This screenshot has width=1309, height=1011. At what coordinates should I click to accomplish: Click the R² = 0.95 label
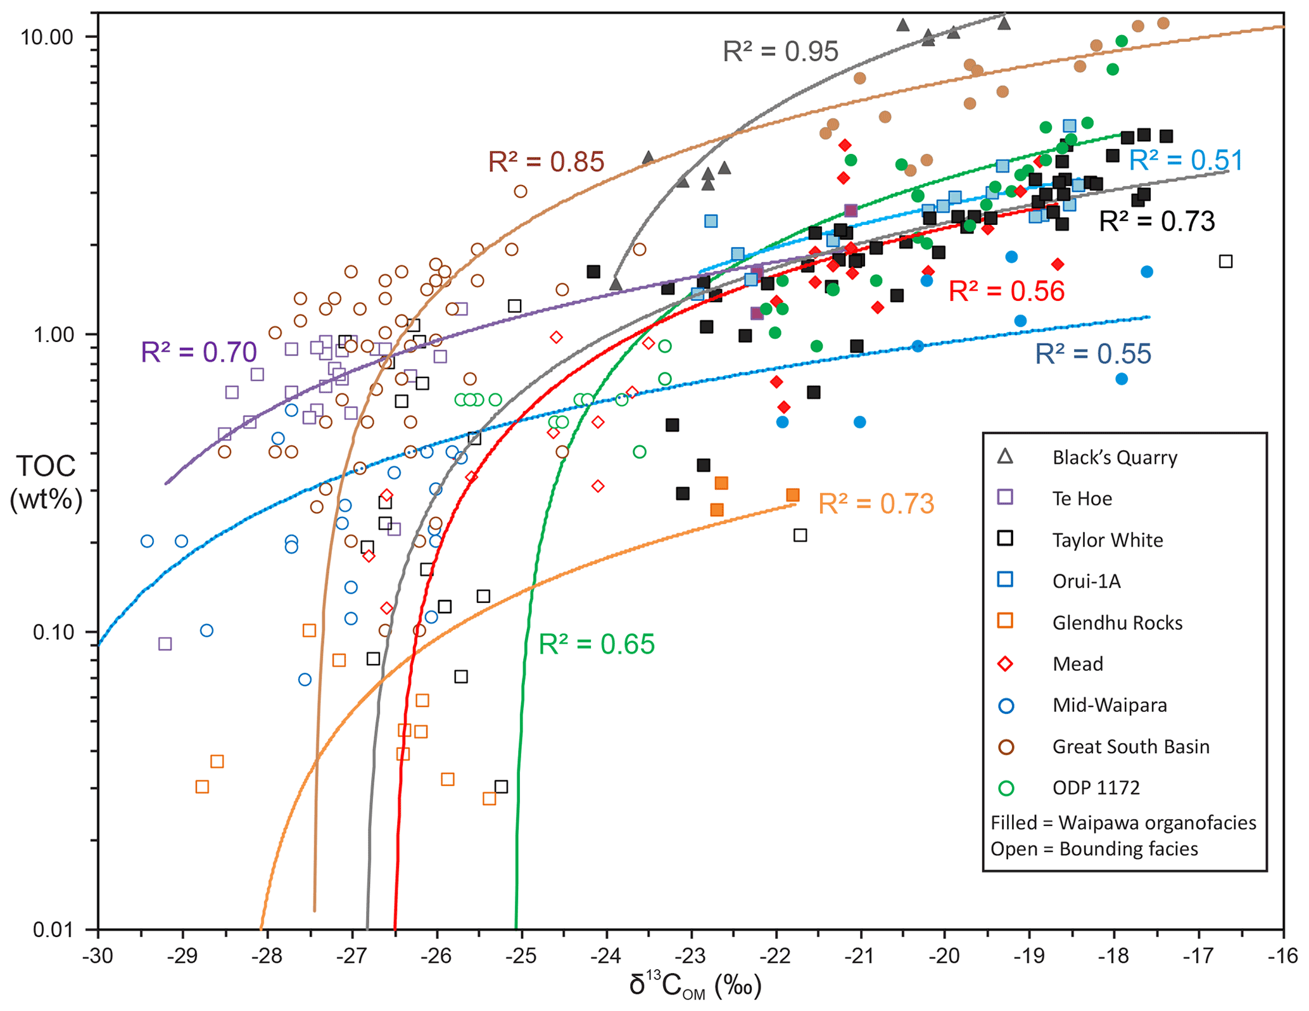point(780,51)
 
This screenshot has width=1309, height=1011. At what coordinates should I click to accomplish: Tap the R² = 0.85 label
point(546,162)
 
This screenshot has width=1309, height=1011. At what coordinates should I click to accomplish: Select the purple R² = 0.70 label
point(199,352)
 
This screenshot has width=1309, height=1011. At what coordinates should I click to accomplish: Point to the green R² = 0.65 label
point(597,644)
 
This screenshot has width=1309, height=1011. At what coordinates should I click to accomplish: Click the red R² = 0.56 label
point(1007,291)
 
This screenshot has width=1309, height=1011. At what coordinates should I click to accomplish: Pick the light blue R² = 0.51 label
point(1186,160)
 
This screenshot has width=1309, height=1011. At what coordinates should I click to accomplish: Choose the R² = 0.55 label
point(1093,354)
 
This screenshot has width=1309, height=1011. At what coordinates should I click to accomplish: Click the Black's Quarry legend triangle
point(1005,457)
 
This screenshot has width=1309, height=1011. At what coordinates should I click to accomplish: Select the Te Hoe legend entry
point(1082,499)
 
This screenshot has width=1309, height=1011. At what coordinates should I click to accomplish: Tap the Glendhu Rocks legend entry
point(1117,623)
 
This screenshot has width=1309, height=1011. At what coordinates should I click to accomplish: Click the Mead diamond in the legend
point(1005,664)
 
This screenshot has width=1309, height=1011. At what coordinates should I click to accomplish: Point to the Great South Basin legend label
point(1131,746)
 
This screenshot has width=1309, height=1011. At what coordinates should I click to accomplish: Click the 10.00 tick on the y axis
point(47,37)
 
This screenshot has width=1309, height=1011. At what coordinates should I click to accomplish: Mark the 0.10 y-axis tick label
point(53,632)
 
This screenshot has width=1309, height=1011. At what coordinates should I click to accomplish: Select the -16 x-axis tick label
point(1284,956)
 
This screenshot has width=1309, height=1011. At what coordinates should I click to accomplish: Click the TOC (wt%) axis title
point(46,483)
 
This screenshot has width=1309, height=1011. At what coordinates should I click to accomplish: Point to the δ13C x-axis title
point(695,986)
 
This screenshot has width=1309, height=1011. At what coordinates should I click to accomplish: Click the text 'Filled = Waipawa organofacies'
point(1123,823)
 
